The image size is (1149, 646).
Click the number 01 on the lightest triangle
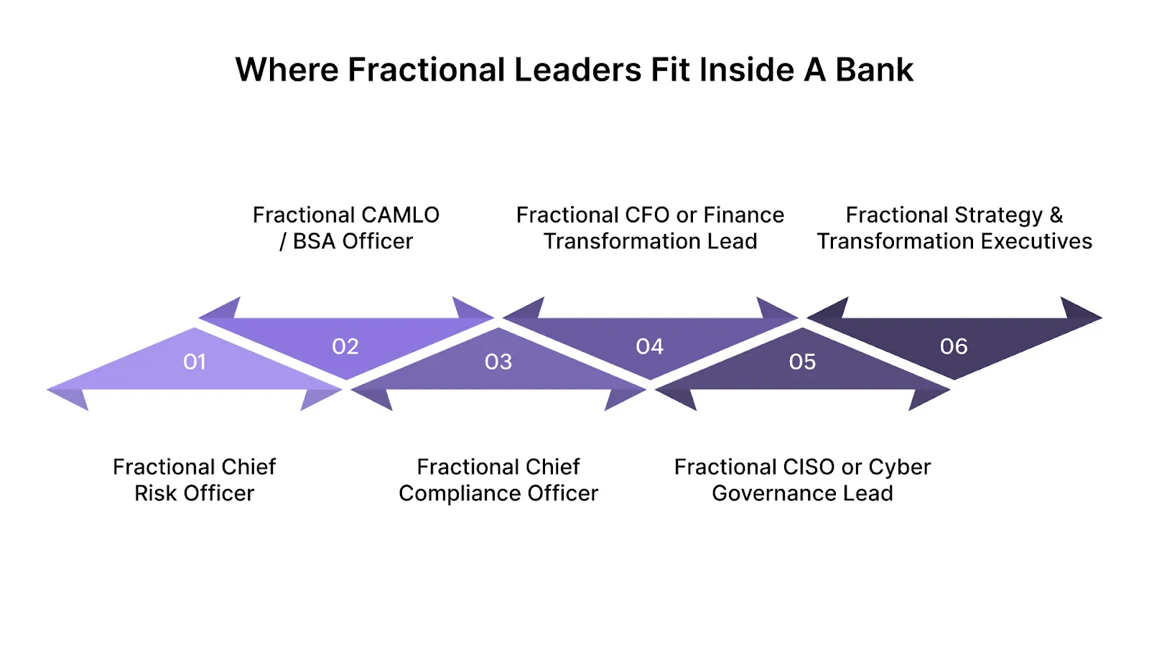pyautogui.click(x=195, y=362)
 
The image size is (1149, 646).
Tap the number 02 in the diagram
pyautogui.click(x=345, y=347)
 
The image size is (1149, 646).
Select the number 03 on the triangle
pyautogui.click(x=498, y=362)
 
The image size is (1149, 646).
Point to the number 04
pyautogui.click(x=650, y=347)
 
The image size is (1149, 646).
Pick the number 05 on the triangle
pyautogui.click(x=802, y=362)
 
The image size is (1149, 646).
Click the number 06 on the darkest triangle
pyautogui.click(x=954, y=347)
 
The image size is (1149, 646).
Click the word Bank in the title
pyautogui.click(x=874, y=70)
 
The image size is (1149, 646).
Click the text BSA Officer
pyautogui.click(x=353, y=242)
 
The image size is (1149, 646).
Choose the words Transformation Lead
pyautogui.click(x=650, y=242)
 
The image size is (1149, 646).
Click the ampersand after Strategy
pyautogui.click(x=1056, y=215)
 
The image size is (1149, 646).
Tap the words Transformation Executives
pyautogui.click(x=954, y=242)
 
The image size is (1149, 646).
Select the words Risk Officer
pyautogui.click(x=194, y=494)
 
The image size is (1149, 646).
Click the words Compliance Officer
pyautogui.click(x=498, y=494)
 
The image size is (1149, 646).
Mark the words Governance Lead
pyautogui.click(x=802, y=494)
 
